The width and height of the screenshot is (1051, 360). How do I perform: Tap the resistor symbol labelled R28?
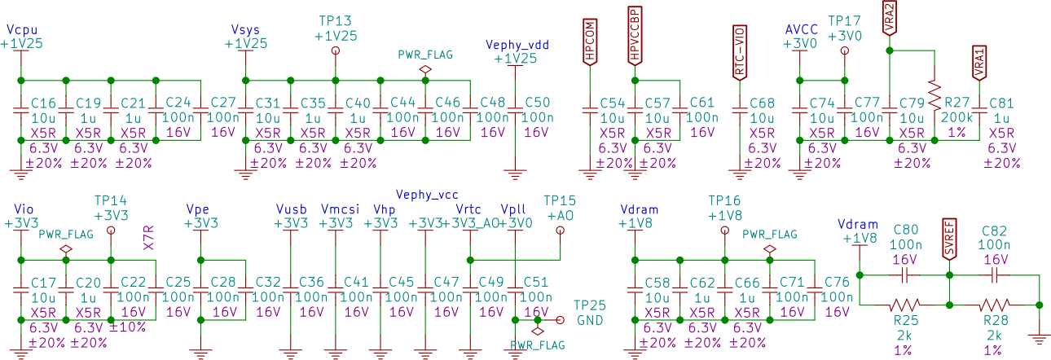point(995,305)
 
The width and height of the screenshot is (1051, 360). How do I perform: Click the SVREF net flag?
point(949,239)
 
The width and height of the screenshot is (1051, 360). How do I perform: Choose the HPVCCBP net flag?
point(635,35)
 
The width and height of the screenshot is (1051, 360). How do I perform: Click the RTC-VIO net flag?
point(740,52)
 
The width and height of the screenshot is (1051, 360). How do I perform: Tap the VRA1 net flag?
point(979,62)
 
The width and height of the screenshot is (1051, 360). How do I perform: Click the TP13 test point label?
point(335,20)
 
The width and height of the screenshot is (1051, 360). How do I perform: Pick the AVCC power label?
point(801,29)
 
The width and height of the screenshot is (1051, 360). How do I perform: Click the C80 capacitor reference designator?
point(905,230)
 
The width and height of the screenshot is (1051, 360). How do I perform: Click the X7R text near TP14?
point(149,237)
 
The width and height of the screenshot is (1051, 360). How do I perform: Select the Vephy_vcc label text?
point(427,195)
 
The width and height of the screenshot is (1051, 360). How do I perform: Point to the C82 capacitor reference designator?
point(995,230)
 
